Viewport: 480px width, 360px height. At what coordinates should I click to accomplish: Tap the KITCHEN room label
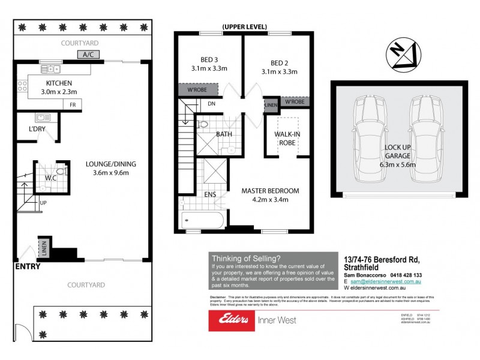pyautogui.click(x=59, y=83)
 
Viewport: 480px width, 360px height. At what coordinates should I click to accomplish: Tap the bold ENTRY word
pyautogui.click(x=28, y=266)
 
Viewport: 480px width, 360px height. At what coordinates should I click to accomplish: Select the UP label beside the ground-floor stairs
pyautogui.click(x=43, y=203)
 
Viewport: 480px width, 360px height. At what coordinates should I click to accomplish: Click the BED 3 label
pyautogui.click(x=209, y=59)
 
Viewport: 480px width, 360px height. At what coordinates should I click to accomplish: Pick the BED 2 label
pyautogui.click(x=280, y=62)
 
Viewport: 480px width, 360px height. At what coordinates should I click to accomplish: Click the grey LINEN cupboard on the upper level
pyautogui.click(x=271, y=104)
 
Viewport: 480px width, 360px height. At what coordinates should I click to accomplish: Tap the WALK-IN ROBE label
pyautogui.click(x=287, y=139)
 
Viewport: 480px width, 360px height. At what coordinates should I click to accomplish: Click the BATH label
pyautogui.click(x=224, y=134)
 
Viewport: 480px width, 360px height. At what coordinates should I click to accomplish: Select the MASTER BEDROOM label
pyautogui.click(x=270, y=191)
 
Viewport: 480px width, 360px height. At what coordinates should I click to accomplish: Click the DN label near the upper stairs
pyautogui.click(x=211, y=103)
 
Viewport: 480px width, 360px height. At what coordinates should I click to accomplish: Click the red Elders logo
pyautogui.click(x=230, y=320)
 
